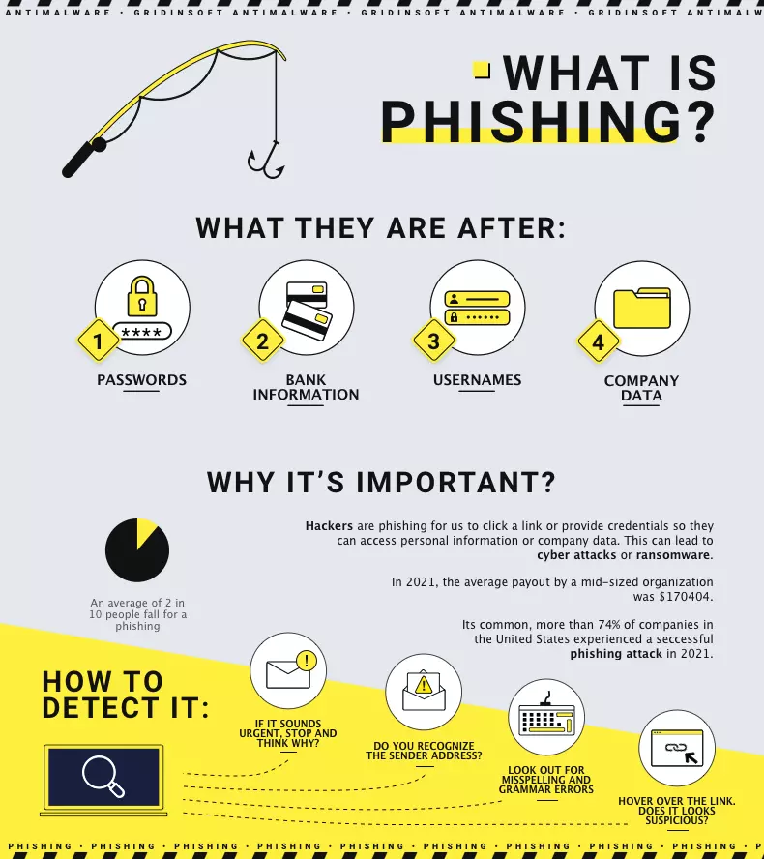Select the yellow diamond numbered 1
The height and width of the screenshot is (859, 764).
coord(98,341)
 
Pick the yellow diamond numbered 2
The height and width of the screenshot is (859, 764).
coord(262,341)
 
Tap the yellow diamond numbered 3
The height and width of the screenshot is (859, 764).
coord(433,341)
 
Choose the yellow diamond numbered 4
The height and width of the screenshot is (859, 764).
coord(598,341)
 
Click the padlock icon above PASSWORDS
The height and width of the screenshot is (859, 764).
coord(142,295)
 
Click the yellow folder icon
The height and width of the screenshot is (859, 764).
coord(641,308)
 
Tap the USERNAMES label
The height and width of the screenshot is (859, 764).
coord(477,380)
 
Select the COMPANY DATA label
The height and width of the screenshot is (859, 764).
coord(641,388)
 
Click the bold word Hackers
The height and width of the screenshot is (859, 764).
coord(329,526)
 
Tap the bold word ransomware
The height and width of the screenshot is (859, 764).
coord(673,555)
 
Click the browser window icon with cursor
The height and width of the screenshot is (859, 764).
coord(677,748)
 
